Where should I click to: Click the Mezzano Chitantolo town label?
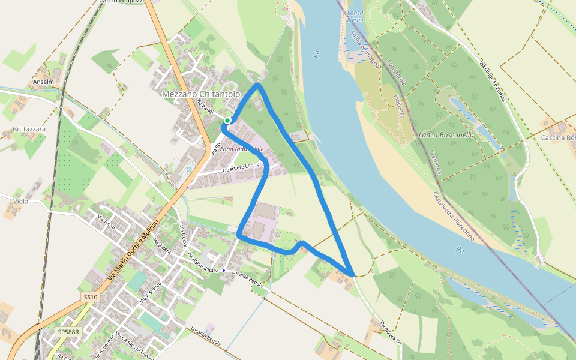click(x=201, y=94)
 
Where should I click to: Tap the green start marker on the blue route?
click(x=227, y=121)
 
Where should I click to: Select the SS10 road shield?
click(x=90, y=297)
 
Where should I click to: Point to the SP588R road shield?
click(x=68, y=331)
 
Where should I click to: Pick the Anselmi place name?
click(x=44, y=82)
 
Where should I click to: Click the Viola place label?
click(x=21, y=202)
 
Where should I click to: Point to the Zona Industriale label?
click(x=242, y=149)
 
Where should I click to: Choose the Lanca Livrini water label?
click(x=355, y=16)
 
